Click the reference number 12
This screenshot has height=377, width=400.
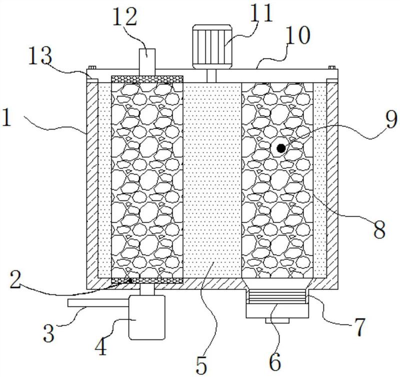click(124, 17)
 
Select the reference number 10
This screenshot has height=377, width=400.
click(297, 36)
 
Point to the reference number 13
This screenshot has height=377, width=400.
click(40, 56)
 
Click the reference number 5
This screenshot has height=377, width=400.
click(201, 365)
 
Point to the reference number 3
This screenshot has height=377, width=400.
click(48, 333)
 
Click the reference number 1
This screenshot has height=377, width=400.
click(6, 117)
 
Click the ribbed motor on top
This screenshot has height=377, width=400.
click(212, 46)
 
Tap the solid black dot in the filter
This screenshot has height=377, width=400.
click(281, 148)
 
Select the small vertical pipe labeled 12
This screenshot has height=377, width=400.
click(147, 62)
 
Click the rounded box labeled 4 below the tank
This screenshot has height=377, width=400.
click(147, 317)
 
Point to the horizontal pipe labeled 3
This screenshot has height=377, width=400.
click(98, 303)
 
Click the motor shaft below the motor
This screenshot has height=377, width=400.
click(211, 76)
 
